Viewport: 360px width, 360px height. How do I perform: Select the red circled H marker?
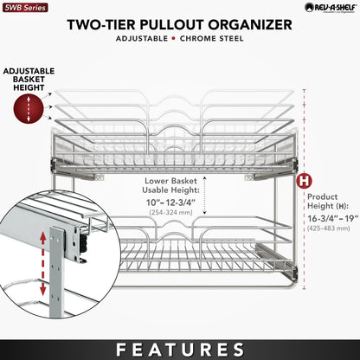pyautogui.click(x=304, y=182)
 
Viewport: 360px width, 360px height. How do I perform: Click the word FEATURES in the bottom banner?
pyautogui.click(x=180, y=349)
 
